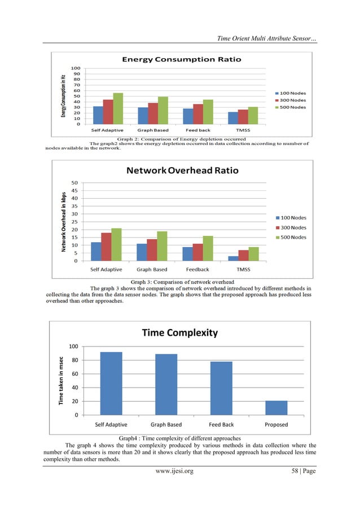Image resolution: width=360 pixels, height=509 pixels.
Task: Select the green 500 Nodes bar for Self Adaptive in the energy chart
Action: tap(117, 108)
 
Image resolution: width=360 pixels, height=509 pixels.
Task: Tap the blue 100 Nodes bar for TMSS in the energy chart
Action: tap(233, 118)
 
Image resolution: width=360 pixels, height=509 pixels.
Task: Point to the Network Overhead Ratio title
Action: tap(182, 170)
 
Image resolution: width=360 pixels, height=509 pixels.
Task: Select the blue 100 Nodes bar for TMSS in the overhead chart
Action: tap(233, 258)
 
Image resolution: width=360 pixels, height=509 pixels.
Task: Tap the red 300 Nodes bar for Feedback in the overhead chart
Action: tap(197, 252)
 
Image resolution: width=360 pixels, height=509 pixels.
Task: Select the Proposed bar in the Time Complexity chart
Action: tap(276, 407)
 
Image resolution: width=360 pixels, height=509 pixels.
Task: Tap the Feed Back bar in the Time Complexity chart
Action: tap(221, 388)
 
